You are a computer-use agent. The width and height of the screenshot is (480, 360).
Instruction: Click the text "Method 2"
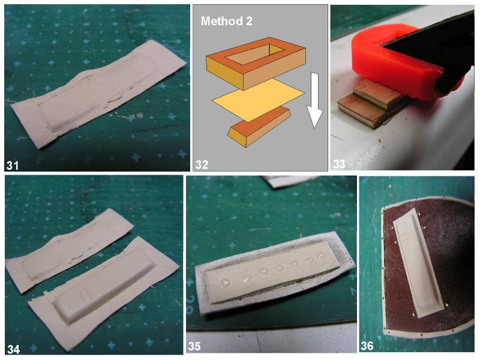(227, 21)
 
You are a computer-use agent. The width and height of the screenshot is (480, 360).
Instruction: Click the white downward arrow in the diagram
(314, 100)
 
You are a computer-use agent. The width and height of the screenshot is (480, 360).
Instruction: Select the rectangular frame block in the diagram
(256, 63)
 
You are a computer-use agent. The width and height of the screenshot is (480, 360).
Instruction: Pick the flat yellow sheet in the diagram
(258, 100)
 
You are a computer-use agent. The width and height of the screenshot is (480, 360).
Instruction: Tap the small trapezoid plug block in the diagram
(259, 127)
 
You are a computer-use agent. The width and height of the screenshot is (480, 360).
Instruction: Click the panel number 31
(13, 166)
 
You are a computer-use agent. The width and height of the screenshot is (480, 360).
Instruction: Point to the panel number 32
(202, 164)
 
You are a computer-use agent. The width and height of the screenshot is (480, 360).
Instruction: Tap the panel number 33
(339, 164)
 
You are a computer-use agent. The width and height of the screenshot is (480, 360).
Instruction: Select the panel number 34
(13, 349)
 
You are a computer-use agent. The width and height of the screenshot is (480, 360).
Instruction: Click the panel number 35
(194, 346)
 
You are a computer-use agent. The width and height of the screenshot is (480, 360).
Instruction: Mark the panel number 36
(367, 346)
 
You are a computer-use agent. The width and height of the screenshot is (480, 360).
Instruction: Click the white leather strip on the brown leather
(418, 263)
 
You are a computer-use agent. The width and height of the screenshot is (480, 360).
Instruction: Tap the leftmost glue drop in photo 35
(226, 282)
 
